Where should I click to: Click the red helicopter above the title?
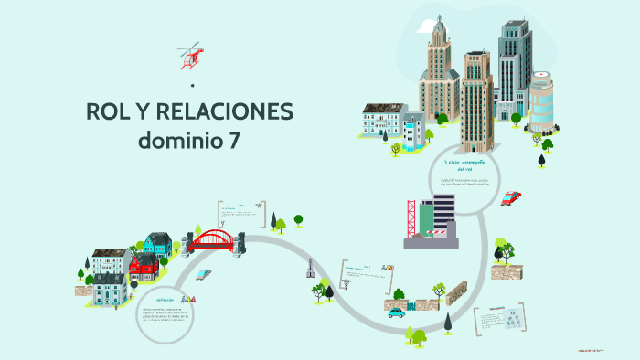190,56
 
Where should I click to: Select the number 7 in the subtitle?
236,142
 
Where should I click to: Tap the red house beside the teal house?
144,266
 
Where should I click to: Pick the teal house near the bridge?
156,244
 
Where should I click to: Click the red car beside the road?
511,197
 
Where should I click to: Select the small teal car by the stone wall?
396,312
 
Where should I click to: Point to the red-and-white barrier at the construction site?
443,233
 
